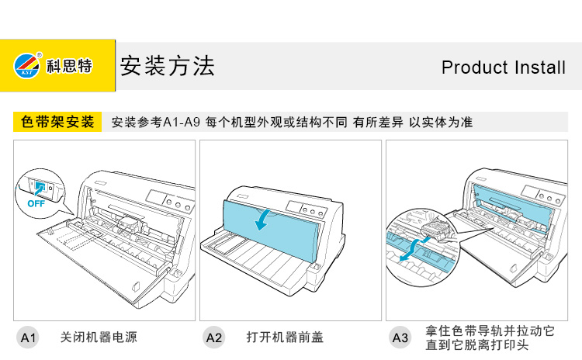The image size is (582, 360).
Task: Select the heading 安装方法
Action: pyautogui.click(x=166, y=66)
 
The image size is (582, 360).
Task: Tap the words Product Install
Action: pyautogui.click(x=503, y=67)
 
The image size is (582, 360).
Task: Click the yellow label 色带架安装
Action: pyautogui.click(x=58, y=122)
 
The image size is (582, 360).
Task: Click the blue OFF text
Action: pyautogui.click(x=36, y=204)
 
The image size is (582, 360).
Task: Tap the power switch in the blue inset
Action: pyautogui.click(x=38, y=185)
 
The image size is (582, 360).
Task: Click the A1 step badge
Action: pyautogui.click(x=28, y=337)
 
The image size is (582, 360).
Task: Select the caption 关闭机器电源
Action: pyautogui.click(x=99, y=337)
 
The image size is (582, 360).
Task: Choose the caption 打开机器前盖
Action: pyautogui.click(x=285, y=337)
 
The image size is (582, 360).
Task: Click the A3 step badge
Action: pyautogui.click(x=400, y=337)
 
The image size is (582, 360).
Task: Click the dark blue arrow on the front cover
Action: pyautogui.click(x=266, y=220)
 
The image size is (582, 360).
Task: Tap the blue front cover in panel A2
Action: pyautogui.click(x=287, y=229)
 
